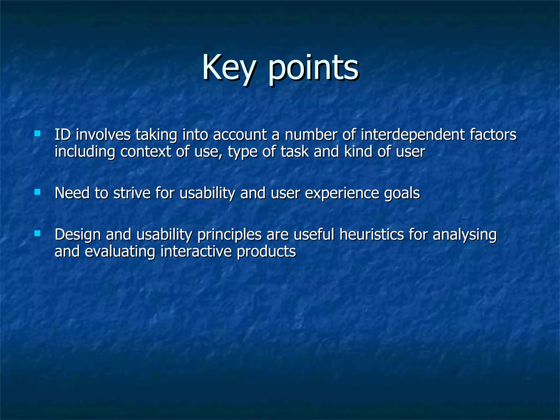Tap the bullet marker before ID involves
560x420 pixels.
click(x=37, y=134)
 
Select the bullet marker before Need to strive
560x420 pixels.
click(x=37, y=192)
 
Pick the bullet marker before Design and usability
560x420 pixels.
click(x=37, y=234)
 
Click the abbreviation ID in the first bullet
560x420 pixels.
click(x=63, y=135)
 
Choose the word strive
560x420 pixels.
click(x=132, y=193)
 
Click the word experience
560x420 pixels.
click(x=342, y=194)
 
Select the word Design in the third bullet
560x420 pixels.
click(x=78, y=235)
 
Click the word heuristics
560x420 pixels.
click(x=372, y=234)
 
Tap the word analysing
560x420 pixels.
click(x=465, y=235)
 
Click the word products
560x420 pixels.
click(x=266, y=251)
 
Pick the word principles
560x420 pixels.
click(x=229, y=235)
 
